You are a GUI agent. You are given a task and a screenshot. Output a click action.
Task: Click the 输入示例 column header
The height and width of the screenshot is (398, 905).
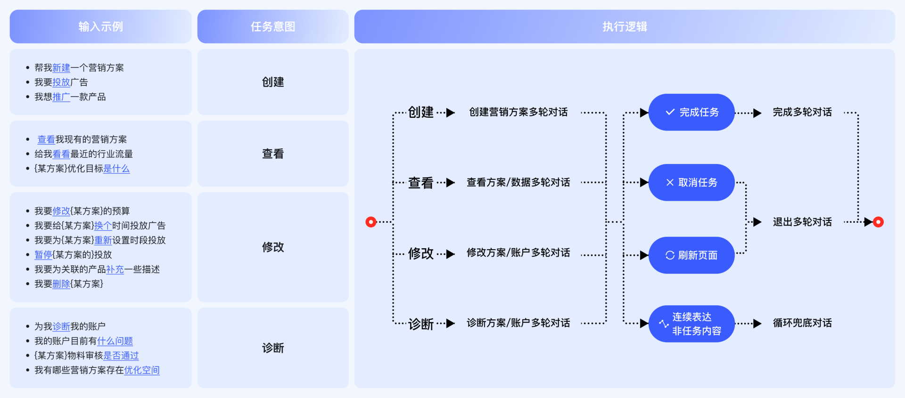tap(100, 26)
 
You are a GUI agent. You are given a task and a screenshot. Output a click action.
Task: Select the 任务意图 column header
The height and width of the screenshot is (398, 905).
tap(273, 26)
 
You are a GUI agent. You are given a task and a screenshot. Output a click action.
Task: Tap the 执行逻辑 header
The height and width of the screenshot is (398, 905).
tap(625, 26)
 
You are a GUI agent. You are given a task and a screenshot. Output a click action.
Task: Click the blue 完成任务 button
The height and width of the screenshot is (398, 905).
tap(691, 112)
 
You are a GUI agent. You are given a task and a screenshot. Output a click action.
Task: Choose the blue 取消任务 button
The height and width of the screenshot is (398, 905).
tap(691, 182)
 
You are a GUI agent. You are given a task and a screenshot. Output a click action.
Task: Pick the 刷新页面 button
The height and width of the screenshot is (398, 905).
tap(691, 255)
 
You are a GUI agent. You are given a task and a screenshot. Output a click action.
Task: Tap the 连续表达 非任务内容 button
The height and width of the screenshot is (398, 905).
tap(691, 324)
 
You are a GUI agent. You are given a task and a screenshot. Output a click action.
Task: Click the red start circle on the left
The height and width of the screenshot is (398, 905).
tap(371, 222)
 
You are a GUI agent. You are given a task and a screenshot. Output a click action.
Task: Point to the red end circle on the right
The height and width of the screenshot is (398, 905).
tap(878, 222)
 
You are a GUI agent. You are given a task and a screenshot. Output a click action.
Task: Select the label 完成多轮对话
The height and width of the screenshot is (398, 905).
tap(802, 112)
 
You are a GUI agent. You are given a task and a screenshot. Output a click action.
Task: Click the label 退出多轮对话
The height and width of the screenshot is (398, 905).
tap(802, 222)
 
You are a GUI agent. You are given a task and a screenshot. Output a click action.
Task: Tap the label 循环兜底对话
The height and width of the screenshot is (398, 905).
tap(802, 323)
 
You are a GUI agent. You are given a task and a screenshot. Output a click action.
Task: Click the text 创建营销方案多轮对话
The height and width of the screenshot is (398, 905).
tap(518, 112)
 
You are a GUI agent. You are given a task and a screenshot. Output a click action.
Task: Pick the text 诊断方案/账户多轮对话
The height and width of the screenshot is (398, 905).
tap(518, 323)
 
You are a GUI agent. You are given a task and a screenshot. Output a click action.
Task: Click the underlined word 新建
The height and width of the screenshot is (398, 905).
tap(61, 68)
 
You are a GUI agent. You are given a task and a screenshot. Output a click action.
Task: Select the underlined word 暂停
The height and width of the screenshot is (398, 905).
tap(43, 255)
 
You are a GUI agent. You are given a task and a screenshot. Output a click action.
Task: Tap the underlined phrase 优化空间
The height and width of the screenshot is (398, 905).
tap(142, 370)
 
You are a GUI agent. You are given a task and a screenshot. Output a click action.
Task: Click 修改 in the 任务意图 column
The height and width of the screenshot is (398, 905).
tap(273, 247)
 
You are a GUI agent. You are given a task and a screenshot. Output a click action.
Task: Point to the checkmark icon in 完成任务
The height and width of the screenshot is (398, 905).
tap(670, 112)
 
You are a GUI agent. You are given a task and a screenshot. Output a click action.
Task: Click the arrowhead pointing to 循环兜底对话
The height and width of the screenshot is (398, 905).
tap(757, 324)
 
